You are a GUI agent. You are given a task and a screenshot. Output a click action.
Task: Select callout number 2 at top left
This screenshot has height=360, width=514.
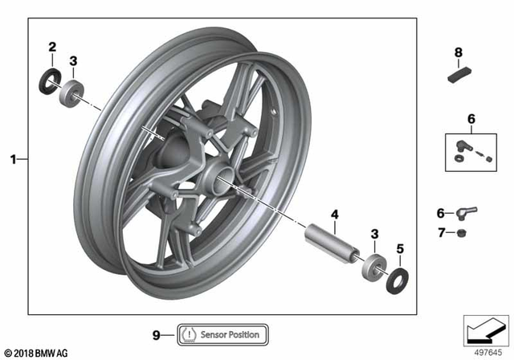(52, 47)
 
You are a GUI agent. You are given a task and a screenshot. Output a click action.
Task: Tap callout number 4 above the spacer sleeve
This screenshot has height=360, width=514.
(334, 214)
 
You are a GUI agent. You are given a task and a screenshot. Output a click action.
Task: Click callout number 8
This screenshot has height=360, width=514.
(459, 53)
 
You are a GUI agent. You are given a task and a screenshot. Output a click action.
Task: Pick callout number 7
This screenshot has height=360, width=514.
(440, 233)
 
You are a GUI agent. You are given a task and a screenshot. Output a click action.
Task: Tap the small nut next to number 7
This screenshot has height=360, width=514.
(464, 233)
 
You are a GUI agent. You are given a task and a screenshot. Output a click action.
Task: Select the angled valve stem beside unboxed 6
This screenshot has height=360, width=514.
(467, 213)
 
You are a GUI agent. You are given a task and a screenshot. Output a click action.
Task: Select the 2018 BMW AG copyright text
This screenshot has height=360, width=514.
(36, 351)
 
